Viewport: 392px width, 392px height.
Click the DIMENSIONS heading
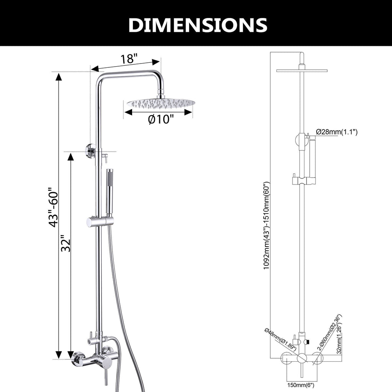point(198,25)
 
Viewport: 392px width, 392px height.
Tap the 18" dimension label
point(129,59)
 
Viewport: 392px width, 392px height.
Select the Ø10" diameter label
point(160,119)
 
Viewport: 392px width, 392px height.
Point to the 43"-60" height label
point(53,207)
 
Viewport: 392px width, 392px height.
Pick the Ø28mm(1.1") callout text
point(336,132)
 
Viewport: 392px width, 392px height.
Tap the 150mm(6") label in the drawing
point(301,385)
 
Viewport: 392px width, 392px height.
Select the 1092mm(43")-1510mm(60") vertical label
point(266,225)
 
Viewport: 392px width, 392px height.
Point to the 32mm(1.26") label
point(339,338)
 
